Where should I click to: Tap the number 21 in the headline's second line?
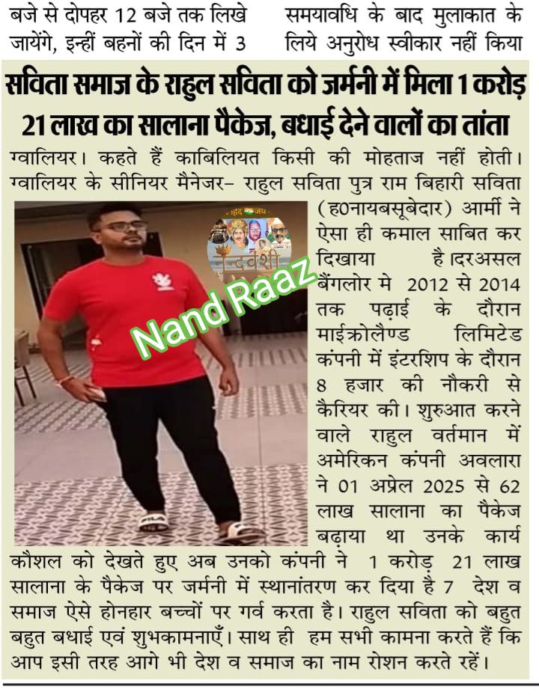click(35, 123)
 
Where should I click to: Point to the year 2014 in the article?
click(500, 285)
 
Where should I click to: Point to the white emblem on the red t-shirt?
click(162, 281)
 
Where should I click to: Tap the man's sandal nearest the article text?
click(241, 531)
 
